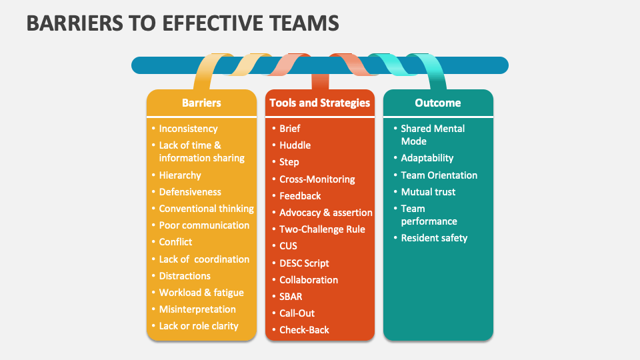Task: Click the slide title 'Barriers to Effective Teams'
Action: click(183, 23)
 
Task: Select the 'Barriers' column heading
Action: click(201, 103)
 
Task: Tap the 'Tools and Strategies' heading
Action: click(319, 103)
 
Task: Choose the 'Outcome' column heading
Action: click(438, 103)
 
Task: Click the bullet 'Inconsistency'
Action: click(188, 129)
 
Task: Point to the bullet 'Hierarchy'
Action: click(180, 175)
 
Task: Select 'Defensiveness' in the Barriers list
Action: click(190, 192)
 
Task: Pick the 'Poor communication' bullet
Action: click(204, 225)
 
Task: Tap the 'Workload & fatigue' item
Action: click(201, 293)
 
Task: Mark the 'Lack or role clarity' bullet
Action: click(199, 326)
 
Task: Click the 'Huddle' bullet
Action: click(295, 145)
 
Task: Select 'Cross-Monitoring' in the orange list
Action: click(317, 179)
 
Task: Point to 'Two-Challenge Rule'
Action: click(322, 229)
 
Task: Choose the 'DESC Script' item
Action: click(304, 263)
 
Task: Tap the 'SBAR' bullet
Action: click(291, 297)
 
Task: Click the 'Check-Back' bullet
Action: click(304, 330)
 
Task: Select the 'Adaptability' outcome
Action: click(427, 158)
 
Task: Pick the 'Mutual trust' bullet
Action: click(428, 192)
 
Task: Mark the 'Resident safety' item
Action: click(434, 238)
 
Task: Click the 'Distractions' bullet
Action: click(185, 276)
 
